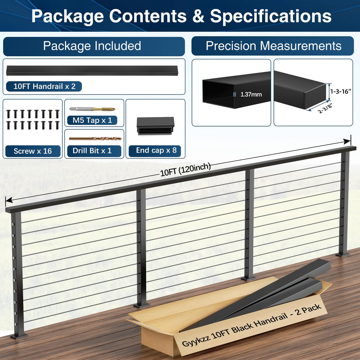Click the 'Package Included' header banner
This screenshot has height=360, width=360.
point(94,46)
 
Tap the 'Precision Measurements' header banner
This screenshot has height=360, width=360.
point(272,46)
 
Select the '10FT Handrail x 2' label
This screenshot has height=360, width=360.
point(44,86)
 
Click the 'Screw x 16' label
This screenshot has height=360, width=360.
point(33,151)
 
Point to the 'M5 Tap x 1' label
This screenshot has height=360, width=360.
point(92,120)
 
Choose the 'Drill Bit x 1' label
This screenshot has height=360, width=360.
point(92,150)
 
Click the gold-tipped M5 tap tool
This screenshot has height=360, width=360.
point(92,109)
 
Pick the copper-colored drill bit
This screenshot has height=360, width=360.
point(95,139)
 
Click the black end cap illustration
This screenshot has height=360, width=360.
point(155,126)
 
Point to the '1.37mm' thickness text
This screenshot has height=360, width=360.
point(251,94)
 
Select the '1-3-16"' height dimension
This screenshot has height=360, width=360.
point(341,91)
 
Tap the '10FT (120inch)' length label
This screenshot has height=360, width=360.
point(185,170)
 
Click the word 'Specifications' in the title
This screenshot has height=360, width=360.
point(271,16)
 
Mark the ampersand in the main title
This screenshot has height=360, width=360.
point(198,16)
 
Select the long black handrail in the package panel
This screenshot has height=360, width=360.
point(92,70)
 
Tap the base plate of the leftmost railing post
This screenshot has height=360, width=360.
point(19,336)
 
